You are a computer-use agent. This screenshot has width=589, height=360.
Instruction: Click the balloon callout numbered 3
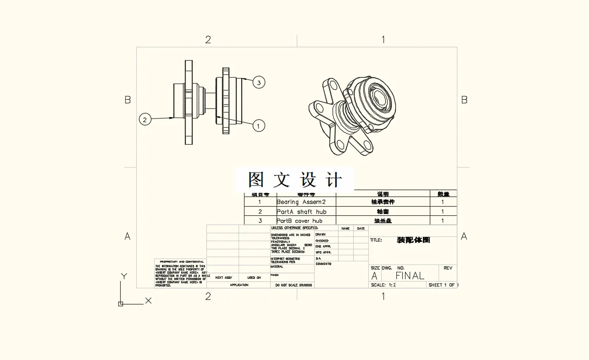tap(259, 83)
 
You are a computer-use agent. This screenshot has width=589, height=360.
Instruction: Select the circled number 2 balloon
tap(145, 120)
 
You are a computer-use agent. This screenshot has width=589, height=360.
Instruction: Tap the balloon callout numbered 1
tap(259, 125)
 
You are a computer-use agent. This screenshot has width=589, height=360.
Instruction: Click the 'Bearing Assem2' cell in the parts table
tap(301, 202)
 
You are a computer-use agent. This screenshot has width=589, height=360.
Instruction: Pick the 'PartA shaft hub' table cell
tap(301, 212)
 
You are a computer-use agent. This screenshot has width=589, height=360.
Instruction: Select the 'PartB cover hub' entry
tap(300, 221)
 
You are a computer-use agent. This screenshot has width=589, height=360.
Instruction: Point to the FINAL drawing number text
tap(410, 276)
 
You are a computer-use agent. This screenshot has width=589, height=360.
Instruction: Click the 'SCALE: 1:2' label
tap(383, 285)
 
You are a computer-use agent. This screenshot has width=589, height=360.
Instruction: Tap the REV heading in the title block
tap(448, 268)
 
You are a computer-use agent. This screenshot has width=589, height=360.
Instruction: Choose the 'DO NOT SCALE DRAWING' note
tap(293, 285)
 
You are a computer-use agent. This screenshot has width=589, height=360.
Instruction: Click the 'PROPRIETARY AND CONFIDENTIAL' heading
tap(182, 262)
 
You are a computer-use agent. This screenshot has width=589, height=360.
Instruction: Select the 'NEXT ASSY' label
tap(223, 278)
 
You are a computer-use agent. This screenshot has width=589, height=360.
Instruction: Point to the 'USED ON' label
tap(254, 278)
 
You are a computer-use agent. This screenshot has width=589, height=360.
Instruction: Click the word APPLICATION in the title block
tap(239, 285)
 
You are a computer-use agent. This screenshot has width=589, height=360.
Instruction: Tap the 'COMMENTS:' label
tap(323, 264)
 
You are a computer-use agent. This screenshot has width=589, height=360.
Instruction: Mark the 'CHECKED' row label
tap(322, 241)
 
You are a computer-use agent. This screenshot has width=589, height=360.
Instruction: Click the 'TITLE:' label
tap(376, 240)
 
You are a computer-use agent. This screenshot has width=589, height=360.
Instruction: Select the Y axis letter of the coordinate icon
tap(123, 276)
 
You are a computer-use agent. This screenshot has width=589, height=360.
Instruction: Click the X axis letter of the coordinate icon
tap(148, 301)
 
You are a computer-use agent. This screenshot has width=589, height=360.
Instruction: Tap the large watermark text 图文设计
tap(295, 180)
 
